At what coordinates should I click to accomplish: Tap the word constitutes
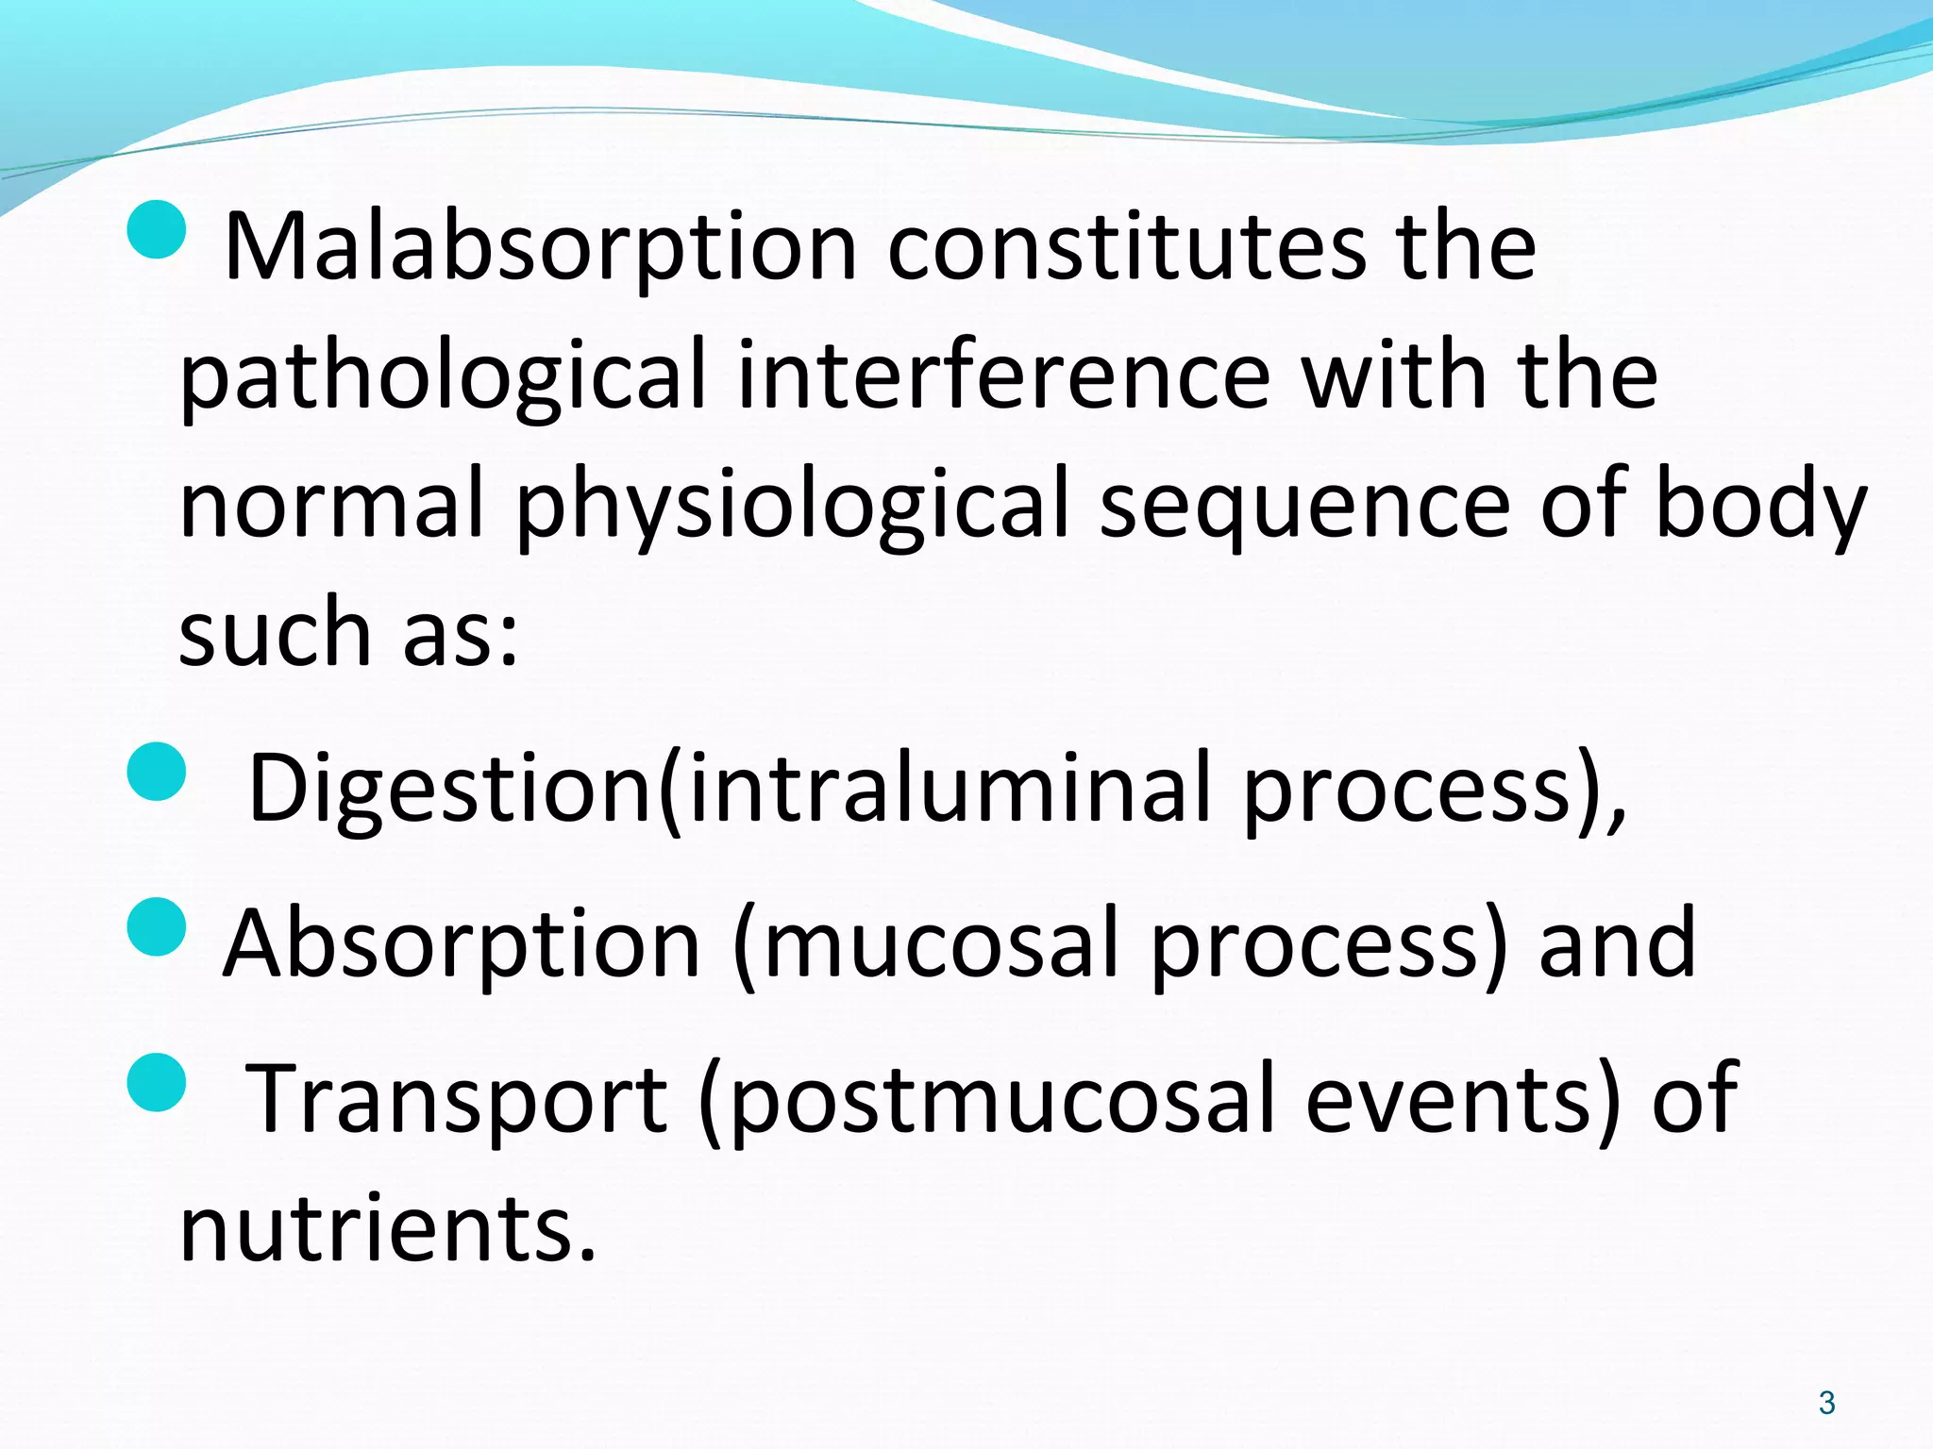coord(1126,247)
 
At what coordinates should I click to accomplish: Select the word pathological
coord(442,377)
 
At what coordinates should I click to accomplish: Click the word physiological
coord(792,507)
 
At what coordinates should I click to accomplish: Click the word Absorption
coord(462,943)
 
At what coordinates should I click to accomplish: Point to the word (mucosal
coord(925,943)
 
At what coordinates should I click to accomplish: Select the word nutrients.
coord(387,1228)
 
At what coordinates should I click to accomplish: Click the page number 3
coord(1826,1403)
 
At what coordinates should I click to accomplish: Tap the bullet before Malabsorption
coord(156,229)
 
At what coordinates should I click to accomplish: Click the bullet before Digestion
coord(156,771)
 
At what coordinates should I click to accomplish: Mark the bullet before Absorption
coord(156,926)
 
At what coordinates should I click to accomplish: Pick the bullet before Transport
coord(156,1082)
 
